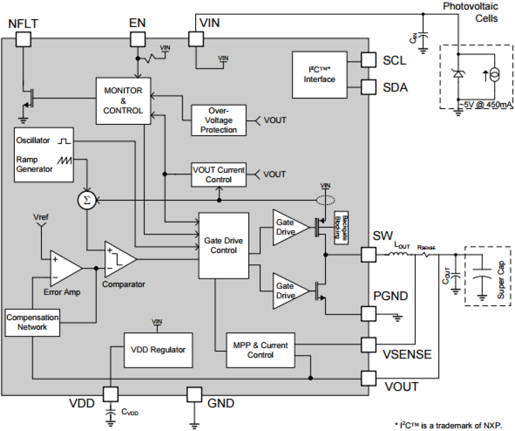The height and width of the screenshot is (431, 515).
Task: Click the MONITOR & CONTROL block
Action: (123, 101)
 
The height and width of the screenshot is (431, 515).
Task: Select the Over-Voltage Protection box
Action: (219, 120)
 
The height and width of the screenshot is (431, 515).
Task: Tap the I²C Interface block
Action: (319, 75)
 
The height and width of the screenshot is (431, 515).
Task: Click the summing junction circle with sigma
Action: (87, 200)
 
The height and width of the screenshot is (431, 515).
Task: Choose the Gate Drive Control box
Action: (223, 245)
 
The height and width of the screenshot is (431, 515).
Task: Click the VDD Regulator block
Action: (158, 350)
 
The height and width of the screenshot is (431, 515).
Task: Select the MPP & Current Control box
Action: (260, 350)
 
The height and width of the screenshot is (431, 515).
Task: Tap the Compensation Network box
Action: (32, 323)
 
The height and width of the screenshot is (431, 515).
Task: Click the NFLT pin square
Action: (23, 39)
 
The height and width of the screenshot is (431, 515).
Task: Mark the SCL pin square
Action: (368, 60)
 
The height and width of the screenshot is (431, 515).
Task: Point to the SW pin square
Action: (368, 254)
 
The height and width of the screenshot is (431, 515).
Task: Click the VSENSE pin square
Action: (368, 345)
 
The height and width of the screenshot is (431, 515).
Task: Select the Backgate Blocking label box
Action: (341, 228)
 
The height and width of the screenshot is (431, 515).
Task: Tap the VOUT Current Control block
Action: (219, 175)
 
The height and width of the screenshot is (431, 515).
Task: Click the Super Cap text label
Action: (501, 280)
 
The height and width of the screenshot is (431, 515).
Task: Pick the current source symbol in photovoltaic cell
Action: (495, 75)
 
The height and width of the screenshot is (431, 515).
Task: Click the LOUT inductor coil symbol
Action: (398, 254)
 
